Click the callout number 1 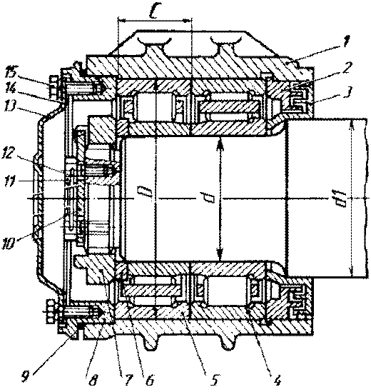[x=346, y=42]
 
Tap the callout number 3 [x=347, y=93]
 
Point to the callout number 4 [x=278, y=381]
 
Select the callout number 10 [x=10, y=243]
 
